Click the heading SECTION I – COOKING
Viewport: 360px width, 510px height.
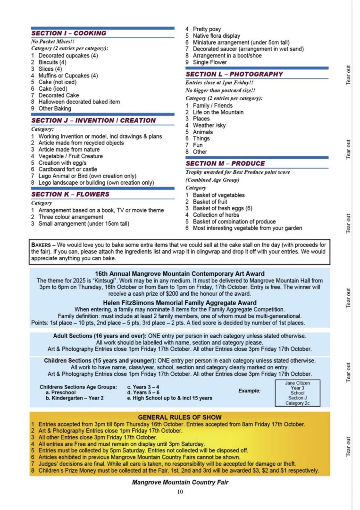click(69, 34)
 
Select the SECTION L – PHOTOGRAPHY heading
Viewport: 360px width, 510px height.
click(234, 74)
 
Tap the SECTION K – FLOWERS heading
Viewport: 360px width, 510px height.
click(70, 194)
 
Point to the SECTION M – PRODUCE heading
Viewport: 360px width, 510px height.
click(225, 163)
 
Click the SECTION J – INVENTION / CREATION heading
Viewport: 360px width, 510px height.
click(93, 120)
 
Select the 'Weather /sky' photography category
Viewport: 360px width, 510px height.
click(209, 126)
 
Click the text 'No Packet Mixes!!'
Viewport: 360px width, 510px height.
click(51, 42)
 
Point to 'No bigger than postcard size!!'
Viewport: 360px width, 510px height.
click(220, 90)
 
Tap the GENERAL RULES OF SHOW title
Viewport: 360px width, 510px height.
click(179, 417)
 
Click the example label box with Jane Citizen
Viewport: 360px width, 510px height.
click(297, 393)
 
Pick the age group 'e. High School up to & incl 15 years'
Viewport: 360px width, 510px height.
click(169, 398)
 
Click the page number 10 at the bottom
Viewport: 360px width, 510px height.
click(180, 492)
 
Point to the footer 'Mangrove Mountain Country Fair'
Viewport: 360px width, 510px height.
click(180, 483)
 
